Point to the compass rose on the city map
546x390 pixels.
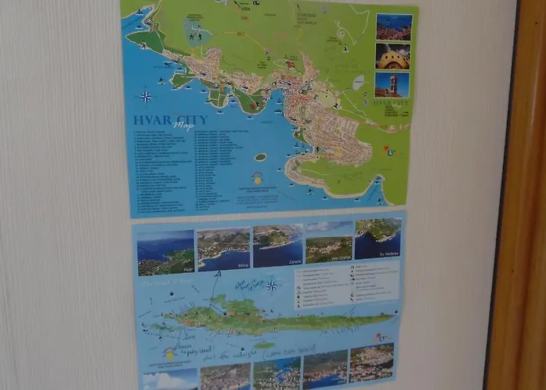(x=146, y=97)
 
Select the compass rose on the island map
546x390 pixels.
(x=272, y=285)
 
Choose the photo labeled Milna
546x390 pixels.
(x=224, y=249)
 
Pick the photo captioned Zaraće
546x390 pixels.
(x=278, y=246)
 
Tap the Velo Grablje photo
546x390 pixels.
(x=328, y=243)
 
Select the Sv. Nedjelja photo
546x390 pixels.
(x=378, y=239)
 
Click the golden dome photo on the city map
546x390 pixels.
(x=392, y=55)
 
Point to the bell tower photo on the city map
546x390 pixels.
(x=392, y=84)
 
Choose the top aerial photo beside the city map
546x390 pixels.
(x=394, y=27)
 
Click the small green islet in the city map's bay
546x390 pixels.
(x=260, y=157)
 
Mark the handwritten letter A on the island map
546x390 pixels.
(x=218, y=275)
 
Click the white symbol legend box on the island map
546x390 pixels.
(x=347, y=285)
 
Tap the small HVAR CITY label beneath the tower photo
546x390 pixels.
(x=391, y=102)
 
